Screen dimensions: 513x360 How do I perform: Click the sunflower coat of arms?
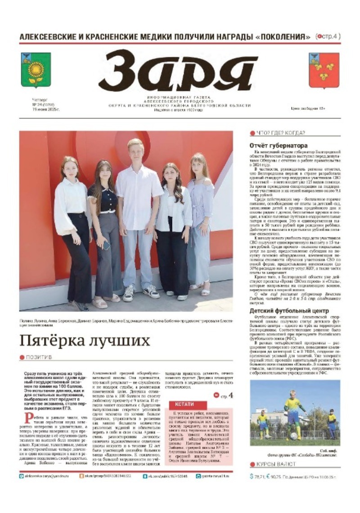pos(36,70)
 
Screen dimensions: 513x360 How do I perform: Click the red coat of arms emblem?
pos(324,70)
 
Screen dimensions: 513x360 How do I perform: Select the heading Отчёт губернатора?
pos(278,146)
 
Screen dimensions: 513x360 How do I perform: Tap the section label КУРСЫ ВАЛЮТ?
pos(275,464)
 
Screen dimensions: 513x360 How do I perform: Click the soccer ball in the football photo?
pos(293,436)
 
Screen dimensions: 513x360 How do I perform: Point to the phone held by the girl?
pos(106,245)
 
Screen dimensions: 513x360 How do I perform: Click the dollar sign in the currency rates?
pos(252,476)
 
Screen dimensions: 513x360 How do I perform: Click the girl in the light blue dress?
pos(200,221)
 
